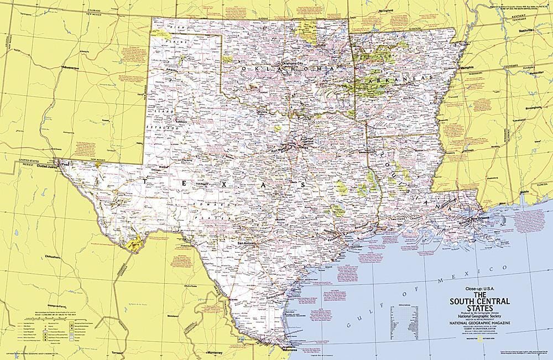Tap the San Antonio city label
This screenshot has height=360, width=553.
click(247, 243)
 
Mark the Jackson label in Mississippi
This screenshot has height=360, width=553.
click(469, 150)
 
